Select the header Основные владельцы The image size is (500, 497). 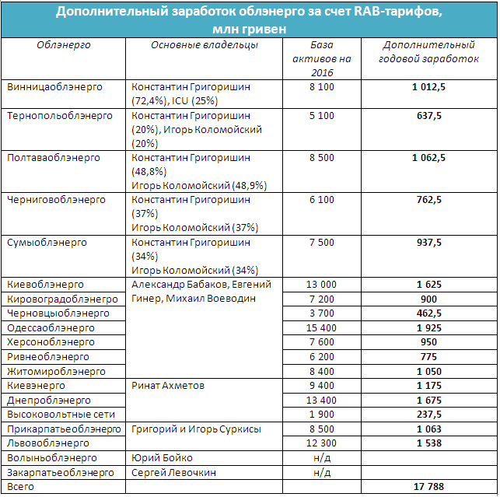click(205, 45)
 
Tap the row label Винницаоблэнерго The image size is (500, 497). click(54, 87)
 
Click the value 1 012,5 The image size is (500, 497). click(428, 87)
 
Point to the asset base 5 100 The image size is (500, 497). click(321, 115)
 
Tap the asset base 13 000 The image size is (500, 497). click(321, 285)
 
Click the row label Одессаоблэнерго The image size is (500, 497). click(51, 328)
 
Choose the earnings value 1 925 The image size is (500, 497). click(428, 328)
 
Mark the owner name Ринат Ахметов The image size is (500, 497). click(169, 385)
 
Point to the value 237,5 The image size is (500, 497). click(428, 413)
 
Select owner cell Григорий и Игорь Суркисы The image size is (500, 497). click(196, 429)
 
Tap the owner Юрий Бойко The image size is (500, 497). click(162, 457)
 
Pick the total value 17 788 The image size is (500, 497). click(428, 487)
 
